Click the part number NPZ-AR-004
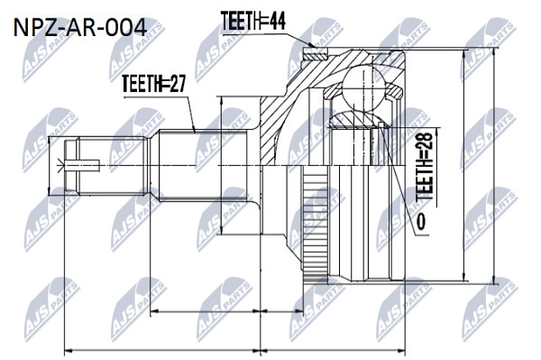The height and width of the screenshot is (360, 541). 80,28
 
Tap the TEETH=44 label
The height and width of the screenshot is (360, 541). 252,21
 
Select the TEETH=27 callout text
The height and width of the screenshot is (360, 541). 154,84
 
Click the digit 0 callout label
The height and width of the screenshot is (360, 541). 420,221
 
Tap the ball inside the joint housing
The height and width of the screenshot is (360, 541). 364,87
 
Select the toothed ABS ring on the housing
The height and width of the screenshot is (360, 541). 315,224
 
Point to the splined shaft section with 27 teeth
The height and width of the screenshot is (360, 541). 203,165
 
